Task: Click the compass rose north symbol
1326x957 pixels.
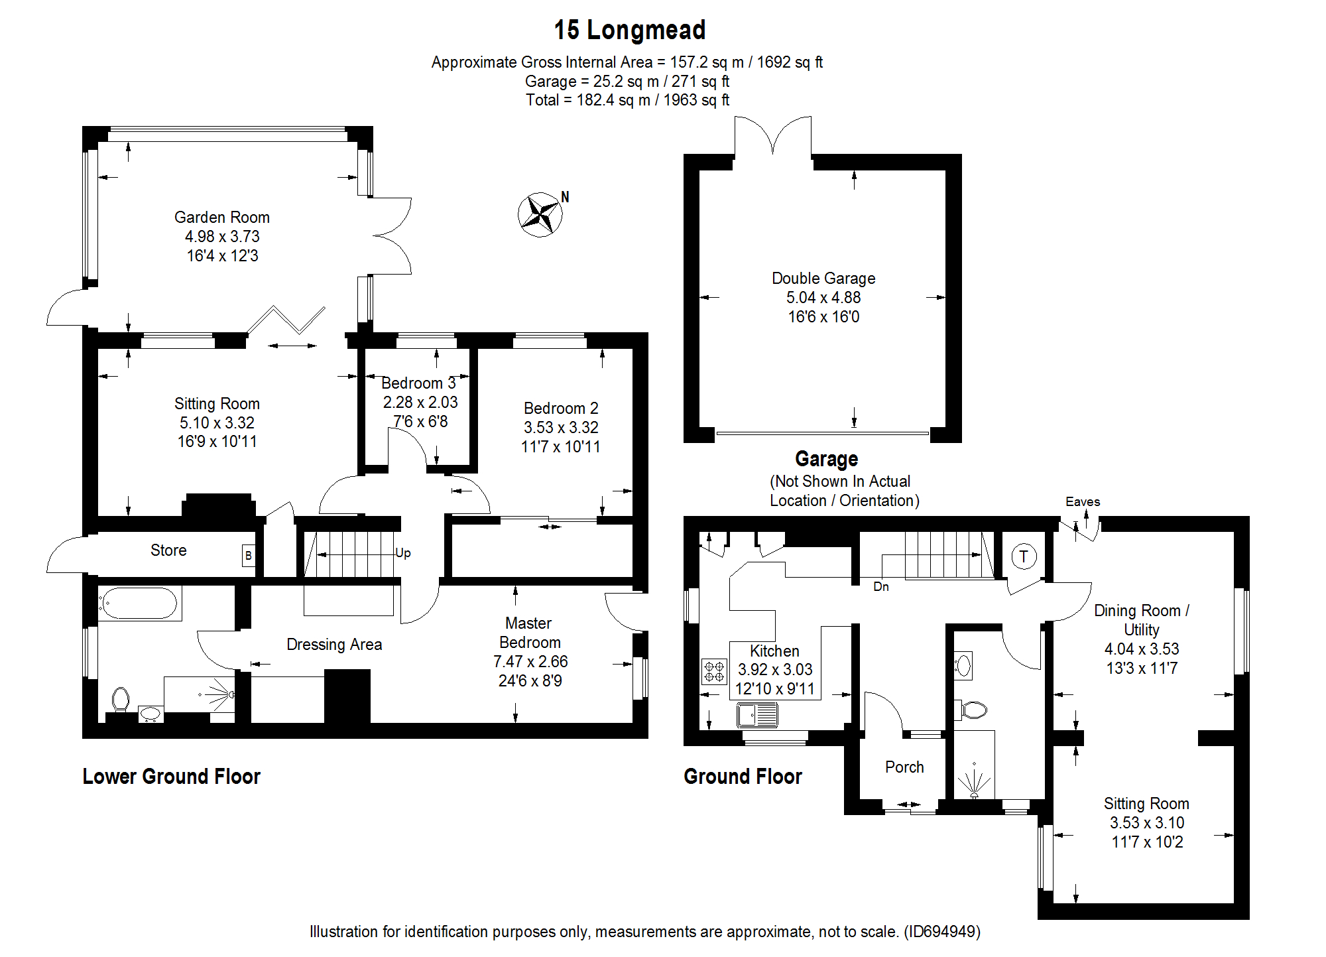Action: coord(540,214)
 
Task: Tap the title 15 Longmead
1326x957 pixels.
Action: coord(629,30)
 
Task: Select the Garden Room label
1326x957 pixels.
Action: coord(221,218)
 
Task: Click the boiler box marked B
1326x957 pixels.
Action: coord(249,556)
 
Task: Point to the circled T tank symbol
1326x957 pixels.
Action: coord(1024,556)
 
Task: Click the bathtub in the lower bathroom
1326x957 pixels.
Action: coord(140,604)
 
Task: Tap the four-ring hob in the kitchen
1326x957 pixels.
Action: coord(714,671)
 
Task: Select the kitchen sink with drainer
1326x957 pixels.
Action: coord(757,715)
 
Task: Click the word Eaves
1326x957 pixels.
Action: coord(1082,502)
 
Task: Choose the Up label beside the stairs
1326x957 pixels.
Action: coord(403,553)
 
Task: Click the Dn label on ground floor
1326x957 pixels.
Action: coord(880,587)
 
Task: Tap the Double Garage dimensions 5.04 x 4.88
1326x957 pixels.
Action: coord(823,298)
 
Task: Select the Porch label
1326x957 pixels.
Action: coord(904,767)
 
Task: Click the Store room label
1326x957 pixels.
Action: coord(168,550)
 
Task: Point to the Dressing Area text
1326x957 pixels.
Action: coord(334,645)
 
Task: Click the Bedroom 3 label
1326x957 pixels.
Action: coord(418,383)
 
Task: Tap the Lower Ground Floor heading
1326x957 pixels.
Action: coord(171,777)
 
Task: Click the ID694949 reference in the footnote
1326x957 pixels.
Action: coord(942,932)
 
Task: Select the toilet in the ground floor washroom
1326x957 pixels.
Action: coord(973,710)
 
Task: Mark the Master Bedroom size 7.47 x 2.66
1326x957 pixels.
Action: coord(530,662)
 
